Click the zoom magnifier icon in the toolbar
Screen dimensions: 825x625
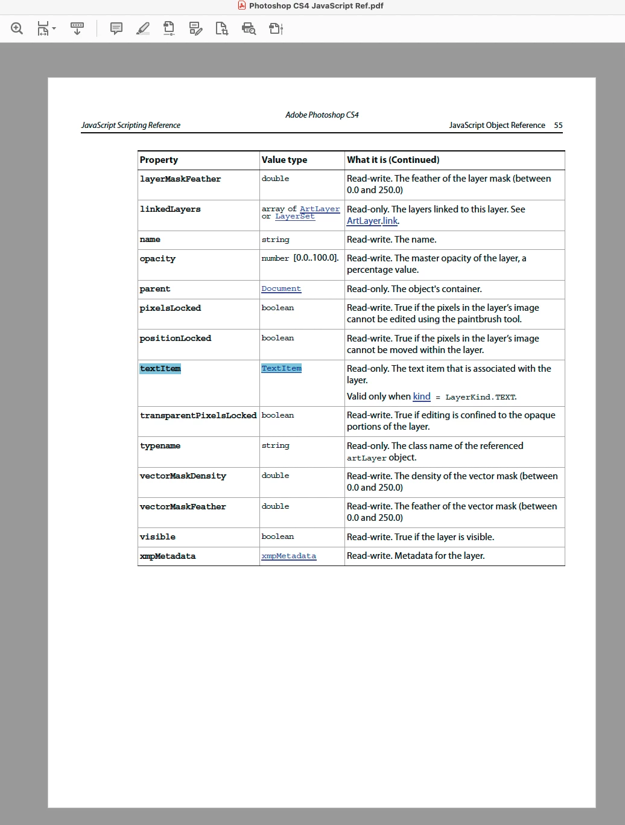tap(17, 28)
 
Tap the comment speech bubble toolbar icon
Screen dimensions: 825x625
tap(116, 28)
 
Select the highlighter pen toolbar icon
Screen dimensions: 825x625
tap(143, 28)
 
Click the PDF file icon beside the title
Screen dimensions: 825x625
tap(242, 6)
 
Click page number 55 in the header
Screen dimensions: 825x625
tap(558, 126)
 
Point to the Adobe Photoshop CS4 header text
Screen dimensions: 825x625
tap(322, 115)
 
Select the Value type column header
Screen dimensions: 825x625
tap(284, 160)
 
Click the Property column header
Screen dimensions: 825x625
tap(159, 160)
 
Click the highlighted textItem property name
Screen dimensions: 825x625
tap(160, 369)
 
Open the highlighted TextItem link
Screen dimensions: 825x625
tap(281, 368)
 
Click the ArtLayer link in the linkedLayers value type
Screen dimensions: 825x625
tap(320, 209)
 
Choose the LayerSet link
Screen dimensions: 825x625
tap(295, 217)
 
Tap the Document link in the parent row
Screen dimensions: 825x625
tap(281, 289)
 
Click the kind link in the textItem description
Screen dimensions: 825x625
tap(422, 397)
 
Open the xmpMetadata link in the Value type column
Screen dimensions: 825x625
tap(288, 556)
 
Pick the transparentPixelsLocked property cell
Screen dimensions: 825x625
tap(198, 415)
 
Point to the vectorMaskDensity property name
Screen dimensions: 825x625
tap(183, 476)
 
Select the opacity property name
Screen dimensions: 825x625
tap(157, 259)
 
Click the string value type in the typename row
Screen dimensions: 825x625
tap(275, 445)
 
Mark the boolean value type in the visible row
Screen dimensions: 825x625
tap(278, 537)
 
